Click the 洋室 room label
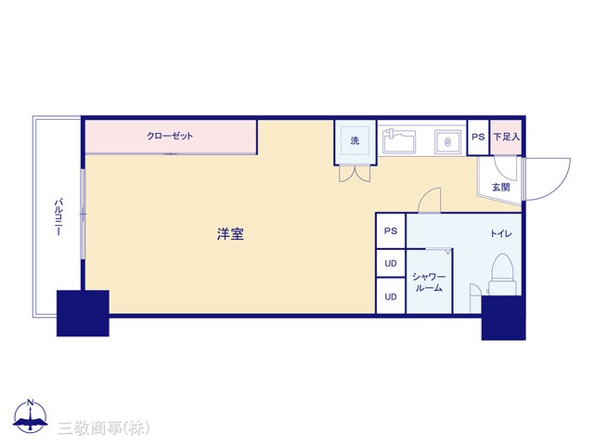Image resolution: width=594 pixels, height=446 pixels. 230,234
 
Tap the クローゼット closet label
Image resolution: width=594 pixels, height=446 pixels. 170,136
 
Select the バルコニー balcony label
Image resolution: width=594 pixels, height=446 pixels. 58,216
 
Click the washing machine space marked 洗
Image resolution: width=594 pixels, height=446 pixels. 355,140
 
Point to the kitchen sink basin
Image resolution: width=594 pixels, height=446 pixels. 399,141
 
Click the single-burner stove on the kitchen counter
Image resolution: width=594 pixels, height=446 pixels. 447,142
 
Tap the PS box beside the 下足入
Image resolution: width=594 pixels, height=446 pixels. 478,137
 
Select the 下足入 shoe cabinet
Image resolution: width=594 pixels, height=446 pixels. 506,137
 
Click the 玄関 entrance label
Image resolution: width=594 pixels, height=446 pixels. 501,187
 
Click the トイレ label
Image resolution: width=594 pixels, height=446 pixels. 501,233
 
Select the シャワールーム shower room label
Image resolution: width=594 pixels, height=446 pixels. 429,282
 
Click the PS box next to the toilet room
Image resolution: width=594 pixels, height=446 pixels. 391,230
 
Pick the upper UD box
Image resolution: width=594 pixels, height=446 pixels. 391,263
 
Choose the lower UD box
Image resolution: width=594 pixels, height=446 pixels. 391,296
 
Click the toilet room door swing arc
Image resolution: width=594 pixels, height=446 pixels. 425,196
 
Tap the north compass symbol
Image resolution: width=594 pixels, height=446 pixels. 31,416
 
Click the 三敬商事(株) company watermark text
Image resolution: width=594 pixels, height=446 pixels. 104,428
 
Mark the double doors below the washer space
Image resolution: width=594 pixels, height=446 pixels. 355,174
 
